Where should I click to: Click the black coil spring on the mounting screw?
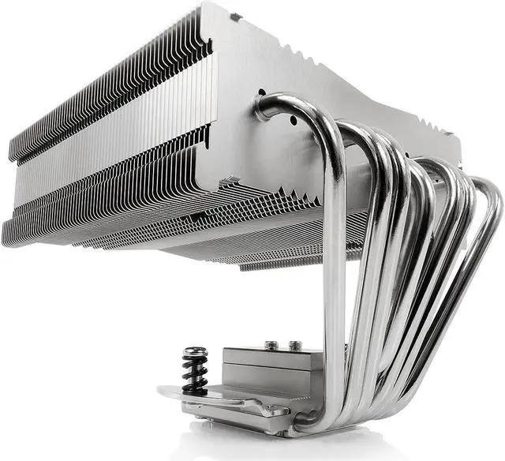pyautogui.click(x=194, y=370)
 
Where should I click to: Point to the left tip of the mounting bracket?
pyautogui.click(x=161, y=391)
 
